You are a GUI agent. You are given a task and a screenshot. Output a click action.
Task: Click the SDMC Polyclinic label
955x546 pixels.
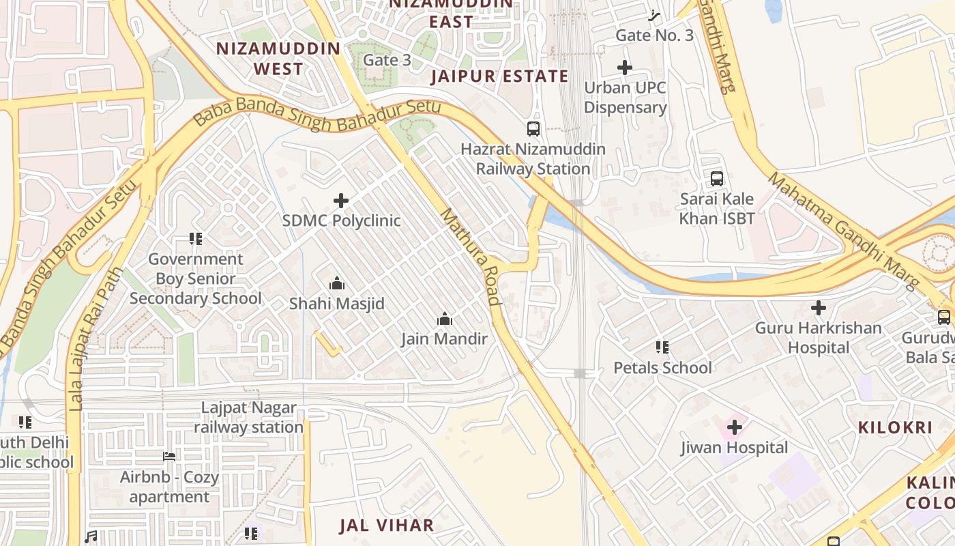coord(341,221)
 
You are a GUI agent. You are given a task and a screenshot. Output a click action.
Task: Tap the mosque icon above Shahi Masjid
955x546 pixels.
coord(336,283)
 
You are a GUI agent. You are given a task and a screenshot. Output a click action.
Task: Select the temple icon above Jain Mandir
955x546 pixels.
coord(445,319)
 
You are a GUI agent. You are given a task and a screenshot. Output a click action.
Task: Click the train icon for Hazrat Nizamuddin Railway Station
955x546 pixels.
coord(533,128)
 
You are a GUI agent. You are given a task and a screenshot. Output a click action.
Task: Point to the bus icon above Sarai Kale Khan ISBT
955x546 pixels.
coord(717,179)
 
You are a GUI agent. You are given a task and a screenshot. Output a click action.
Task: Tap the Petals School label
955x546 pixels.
coord(662,368)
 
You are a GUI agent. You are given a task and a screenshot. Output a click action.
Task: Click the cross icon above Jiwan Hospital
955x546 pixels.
coord(735,428)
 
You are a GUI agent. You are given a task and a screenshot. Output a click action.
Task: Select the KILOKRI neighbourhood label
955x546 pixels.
coord(894,428)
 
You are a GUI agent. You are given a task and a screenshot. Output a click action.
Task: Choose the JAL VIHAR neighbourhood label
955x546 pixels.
coord(387,525)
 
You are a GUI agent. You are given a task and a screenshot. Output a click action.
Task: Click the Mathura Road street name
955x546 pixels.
coord(471,257)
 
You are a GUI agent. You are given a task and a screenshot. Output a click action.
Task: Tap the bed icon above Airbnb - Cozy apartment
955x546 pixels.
coord(169,457)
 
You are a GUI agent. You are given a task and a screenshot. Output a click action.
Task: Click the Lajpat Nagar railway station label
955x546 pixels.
coord(249,418)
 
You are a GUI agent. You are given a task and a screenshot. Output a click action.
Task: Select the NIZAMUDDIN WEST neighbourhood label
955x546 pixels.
coord(278,59)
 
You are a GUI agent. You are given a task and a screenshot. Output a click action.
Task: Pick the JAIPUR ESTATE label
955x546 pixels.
coord(499,76)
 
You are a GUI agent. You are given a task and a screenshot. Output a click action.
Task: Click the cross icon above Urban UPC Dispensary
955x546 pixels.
coord(625,68)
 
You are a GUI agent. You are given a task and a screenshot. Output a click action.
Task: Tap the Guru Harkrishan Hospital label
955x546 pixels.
coord(818,338)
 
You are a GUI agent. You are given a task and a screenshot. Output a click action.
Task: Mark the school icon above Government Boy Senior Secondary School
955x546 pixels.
coord(196,239)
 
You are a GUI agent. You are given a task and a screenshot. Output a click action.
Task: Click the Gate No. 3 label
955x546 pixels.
coord(654,35)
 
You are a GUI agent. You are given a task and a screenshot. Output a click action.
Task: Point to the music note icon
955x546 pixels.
coord(91,537)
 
